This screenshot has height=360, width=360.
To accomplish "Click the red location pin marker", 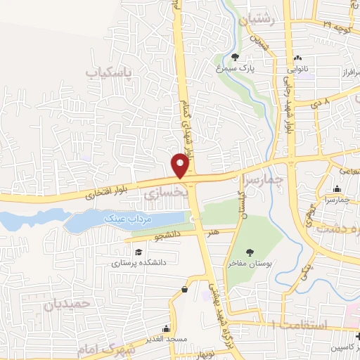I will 181,165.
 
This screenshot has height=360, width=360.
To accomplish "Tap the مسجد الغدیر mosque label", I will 166,339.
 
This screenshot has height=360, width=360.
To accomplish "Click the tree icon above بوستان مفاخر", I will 249,252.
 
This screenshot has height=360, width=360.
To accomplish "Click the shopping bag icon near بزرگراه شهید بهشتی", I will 184,288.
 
